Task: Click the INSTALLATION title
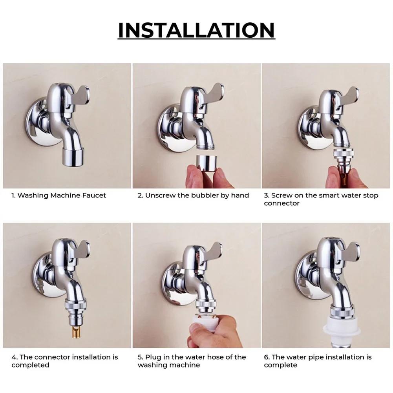[196, 30]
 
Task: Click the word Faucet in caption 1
[93, 196]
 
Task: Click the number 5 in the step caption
[139, 357]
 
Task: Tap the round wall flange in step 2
[170, 130]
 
